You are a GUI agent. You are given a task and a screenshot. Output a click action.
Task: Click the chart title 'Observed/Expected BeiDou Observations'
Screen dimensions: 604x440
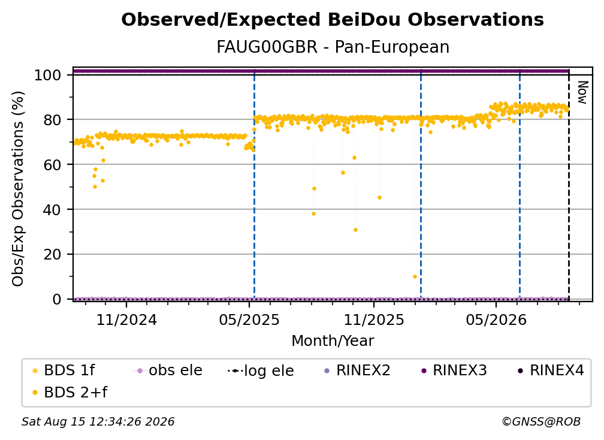(333, 20)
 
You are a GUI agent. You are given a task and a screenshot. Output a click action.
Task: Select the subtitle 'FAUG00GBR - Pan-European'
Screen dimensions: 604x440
(333, 47)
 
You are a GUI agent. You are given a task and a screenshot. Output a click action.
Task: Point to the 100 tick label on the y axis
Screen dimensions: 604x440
(47, 75)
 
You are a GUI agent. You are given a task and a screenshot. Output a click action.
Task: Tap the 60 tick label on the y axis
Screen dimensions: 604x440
(52, 164)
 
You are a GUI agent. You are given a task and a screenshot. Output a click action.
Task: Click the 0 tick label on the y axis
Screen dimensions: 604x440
(56, 299)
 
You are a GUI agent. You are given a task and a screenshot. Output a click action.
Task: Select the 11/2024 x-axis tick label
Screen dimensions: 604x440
(126, 320)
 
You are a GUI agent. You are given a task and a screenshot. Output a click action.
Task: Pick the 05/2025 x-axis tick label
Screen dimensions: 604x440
(249, 320)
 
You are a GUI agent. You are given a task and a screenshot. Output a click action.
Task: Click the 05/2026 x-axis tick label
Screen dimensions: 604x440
(496, 320)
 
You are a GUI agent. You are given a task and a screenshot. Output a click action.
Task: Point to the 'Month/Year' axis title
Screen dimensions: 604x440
(333, 340)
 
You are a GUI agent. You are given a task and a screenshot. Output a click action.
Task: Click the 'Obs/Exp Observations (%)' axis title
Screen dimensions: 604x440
(18, 189)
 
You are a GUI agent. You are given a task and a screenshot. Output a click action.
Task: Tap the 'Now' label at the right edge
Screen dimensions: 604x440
(582, 92)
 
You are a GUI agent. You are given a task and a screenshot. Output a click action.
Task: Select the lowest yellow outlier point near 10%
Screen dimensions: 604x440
(415, 276)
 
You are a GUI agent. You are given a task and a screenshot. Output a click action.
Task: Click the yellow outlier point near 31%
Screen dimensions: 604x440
(355, 230)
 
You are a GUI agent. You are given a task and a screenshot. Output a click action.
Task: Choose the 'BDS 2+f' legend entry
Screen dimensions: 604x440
(70, 392)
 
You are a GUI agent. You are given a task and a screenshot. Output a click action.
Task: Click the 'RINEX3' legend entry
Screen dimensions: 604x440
(454, 370)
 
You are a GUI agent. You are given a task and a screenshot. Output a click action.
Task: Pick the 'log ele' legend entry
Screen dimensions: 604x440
(261, 371)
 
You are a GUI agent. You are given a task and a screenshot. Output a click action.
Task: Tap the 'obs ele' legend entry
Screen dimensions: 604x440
(168, 370)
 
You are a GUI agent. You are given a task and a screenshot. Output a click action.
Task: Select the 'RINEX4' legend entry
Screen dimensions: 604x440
(551, 370)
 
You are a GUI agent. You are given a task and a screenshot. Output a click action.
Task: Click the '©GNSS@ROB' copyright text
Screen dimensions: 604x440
(541, 421)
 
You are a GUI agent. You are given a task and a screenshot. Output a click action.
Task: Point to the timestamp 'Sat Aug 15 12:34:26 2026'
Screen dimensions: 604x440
(98, 421)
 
